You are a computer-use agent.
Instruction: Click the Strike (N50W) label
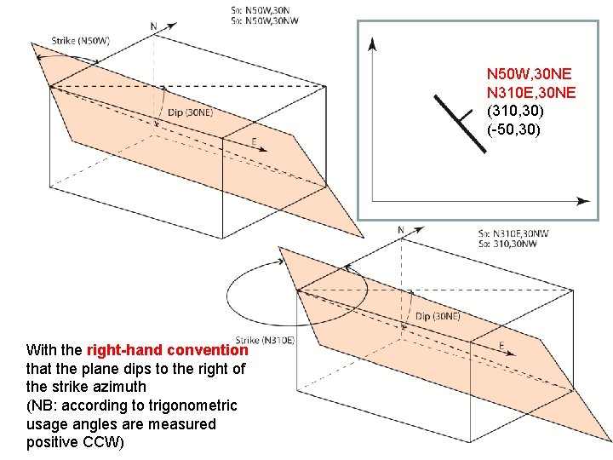pos(81,40)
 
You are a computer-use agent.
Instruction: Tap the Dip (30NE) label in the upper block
pos(190,112)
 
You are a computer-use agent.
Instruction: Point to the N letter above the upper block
pos(154,26)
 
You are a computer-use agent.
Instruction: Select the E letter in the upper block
pos(254,141)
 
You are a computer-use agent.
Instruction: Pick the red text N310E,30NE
pos(531,93)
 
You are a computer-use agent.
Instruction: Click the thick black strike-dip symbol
pos(460,122)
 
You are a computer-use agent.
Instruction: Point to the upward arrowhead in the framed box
pos(373,43)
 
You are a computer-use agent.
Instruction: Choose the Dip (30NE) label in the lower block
pos(438,316)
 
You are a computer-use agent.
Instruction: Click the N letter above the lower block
pos(401,230)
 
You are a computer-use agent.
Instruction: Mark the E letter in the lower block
pos(501,345)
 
